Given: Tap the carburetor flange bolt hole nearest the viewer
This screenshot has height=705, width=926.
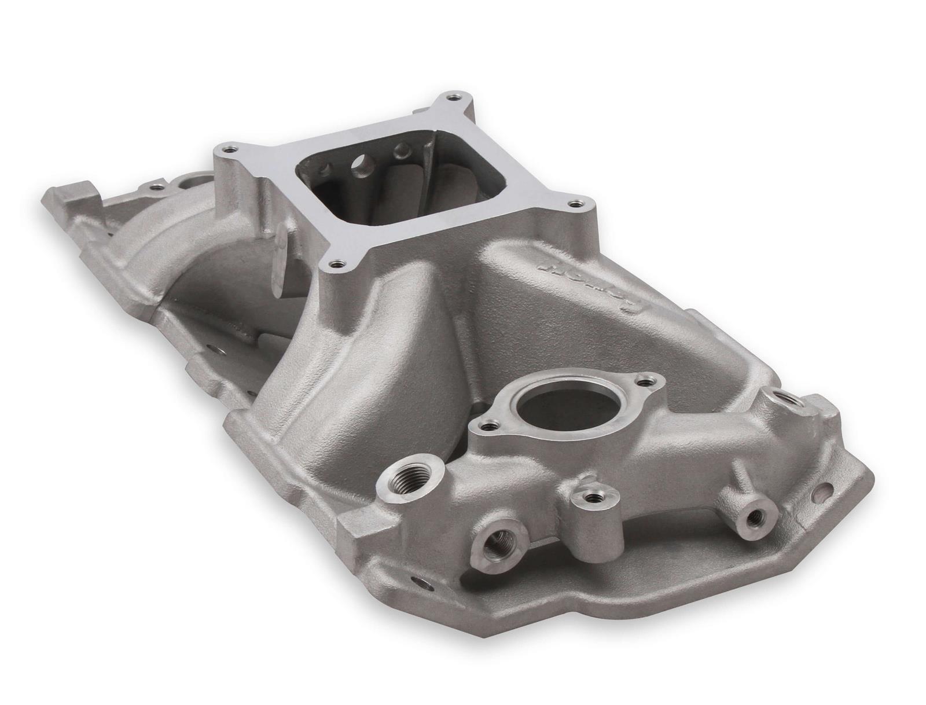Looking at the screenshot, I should [x=336, y=266].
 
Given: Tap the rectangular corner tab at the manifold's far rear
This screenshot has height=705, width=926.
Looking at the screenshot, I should [x=74, y=192].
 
